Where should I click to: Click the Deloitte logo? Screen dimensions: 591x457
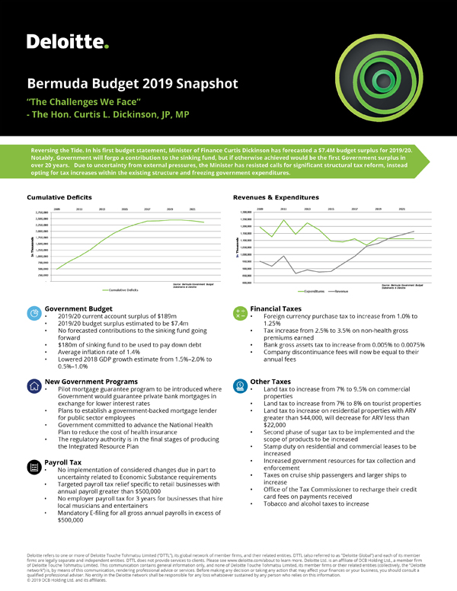(67, 41)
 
